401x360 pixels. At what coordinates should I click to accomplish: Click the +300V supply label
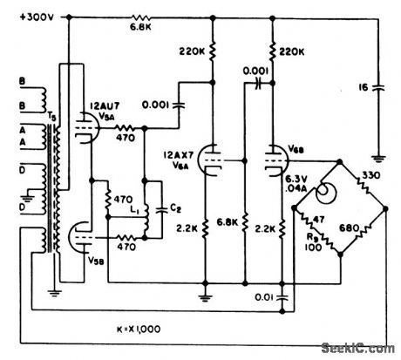click(x=26, y=17)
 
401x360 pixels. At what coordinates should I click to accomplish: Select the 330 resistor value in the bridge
click(x=370, y=177)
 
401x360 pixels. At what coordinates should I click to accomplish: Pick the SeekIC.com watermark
click(x=357, y=349)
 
